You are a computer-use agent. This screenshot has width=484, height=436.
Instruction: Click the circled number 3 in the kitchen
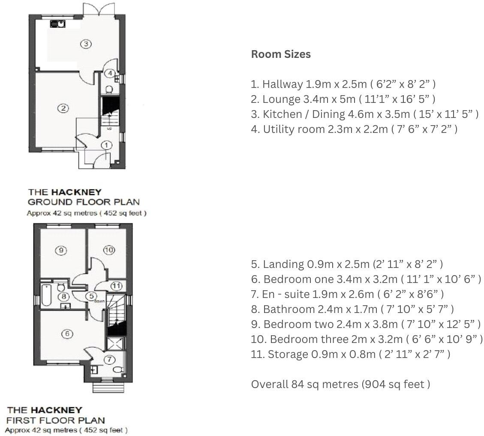86,44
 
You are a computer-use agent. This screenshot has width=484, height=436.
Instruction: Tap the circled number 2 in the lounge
63,108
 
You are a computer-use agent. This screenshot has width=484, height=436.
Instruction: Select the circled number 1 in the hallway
106,146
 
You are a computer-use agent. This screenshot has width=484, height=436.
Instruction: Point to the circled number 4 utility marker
110,73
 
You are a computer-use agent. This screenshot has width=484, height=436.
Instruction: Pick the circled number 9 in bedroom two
61,250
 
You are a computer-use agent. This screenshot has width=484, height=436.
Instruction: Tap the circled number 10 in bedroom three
109,250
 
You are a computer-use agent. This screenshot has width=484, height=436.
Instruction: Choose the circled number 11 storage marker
116,286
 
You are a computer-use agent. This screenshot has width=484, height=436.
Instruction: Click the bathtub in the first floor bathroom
46,295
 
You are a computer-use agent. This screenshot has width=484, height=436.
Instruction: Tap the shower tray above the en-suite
116,344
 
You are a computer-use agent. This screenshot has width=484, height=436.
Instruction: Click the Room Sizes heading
281,54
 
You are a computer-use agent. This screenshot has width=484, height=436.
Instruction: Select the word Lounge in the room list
281,99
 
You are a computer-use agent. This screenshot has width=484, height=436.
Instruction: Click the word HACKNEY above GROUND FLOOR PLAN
76,192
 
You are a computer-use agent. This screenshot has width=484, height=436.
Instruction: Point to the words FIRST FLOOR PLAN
55,420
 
